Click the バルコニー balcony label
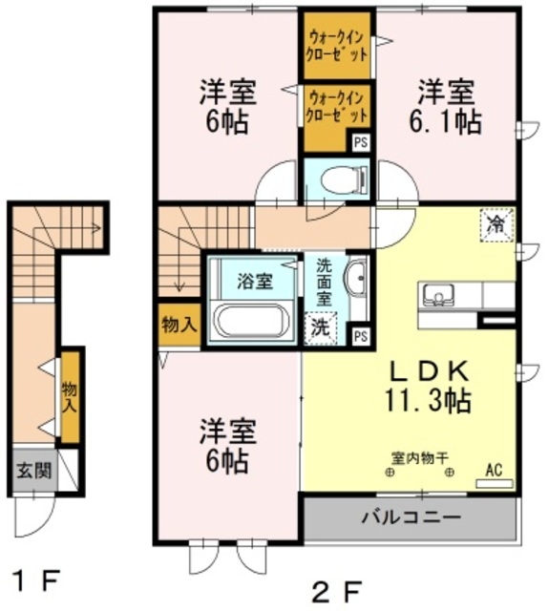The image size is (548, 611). click(x=411, y=518)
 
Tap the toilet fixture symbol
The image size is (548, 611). click(x=340, y=179)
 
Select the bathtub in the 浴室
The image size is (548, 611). click(x=250, y=319)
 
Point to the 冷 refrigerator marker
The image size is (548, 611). click(x=496, y=225)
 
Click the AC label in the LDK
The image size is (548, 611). click(x=494, y=471)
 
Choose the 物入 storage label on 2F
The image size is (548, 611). click(x=179, y=325)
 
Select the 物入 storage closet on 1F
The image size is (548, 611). click(x=69, y=397)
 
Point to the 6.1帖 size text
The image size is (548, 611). click(x=447, y=121)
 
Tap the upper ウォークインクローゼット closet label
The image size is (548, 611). click(x=337, y=46)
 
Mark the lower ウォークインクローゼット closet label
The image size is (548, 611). click(x=337, y=106)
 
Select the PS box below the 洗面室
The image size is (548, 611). click(x=360, y=336)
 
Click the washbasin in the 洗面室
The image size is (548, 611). click(x=355, y=278)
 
